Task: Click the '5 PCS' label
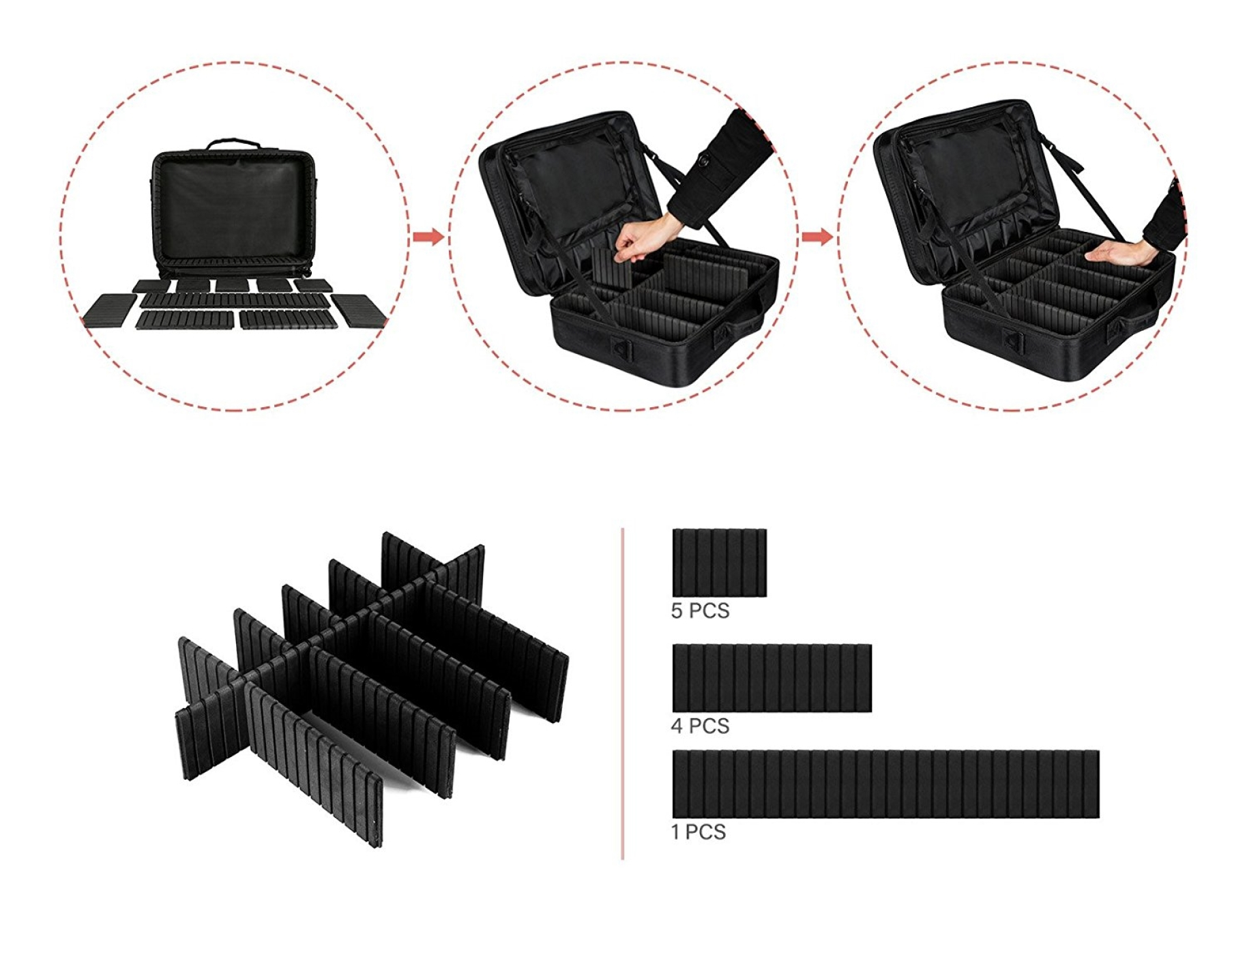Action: pos(700,611)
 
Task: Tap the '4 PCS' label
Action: pos(700,726)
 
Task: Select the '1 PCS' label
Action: pos(699,832)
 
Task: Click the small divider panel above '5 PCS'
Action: pos(720,563)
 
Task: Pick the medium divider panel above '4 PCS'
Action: pos(772,678)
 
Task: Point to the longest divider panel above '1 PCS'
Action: pos(885,784)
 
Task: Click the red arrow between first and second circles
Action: pos(428,237)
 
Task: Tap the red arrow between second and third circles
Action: pos(817,237)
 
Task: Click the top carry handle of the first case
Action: pos(233,144)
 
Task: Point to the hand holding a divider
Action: pos(639,240)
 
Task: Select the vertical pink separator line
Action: pos(623,693)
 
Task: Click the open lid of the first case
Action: pos(233,206)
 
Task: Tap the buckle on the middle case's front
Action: pos(621,351)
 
